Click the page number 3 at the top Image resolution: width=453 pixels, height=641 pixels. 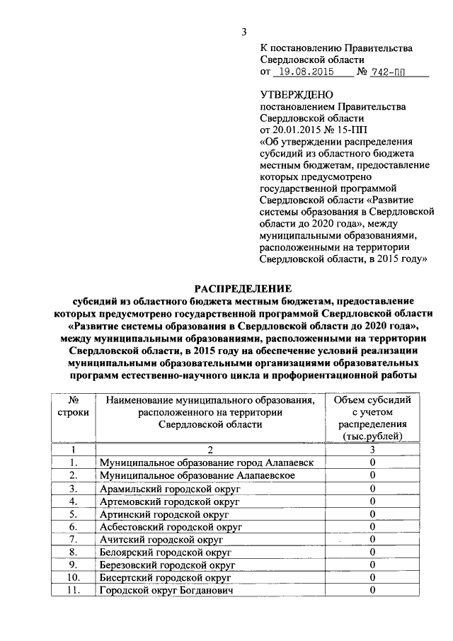[x=243, y=32]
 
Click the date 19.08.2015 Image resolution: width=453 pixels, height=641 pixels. [x=304, y=72]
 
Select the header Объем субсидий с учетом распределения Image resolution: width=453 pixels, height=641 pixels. [x=372, y=418]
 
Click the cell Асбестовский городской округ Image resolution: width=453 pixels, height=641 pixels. [x=171, y=527]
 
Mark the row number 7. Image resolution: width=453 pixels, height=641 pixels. [x=72, y=540]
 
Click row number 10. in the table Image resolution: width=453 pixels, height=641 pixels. [x=72, y=577]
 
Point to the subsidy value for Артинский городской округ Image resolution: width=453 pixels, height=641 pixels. [x=372, y=514]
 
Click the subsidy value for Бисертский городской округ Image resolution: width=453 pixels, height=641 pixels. [x=372, y=577]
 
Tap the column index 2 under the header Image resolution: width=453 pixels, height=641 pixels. [x=210, y=449]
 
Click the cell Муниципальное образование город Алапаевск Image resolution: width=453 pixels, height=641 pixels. [x=212, y=463]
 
